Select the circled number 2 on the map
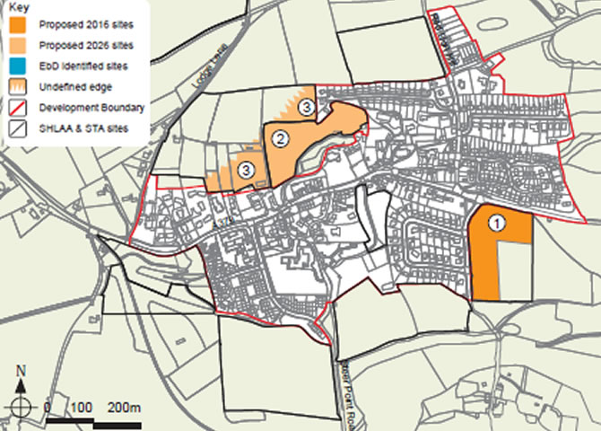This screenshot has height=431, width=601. tap(280, 139)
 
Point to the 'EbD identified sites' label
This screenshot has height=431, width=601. tap(85, 66)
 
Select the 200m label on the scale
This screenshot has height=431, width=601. tap(124, 408)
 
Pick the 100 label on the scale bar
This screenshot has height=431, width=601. tap(82, 408)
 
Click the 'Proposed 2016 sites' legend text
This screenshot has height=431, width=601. tap(86, 24)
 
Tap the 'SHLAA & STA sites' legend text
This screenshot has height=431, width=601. tap(83, 128)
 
